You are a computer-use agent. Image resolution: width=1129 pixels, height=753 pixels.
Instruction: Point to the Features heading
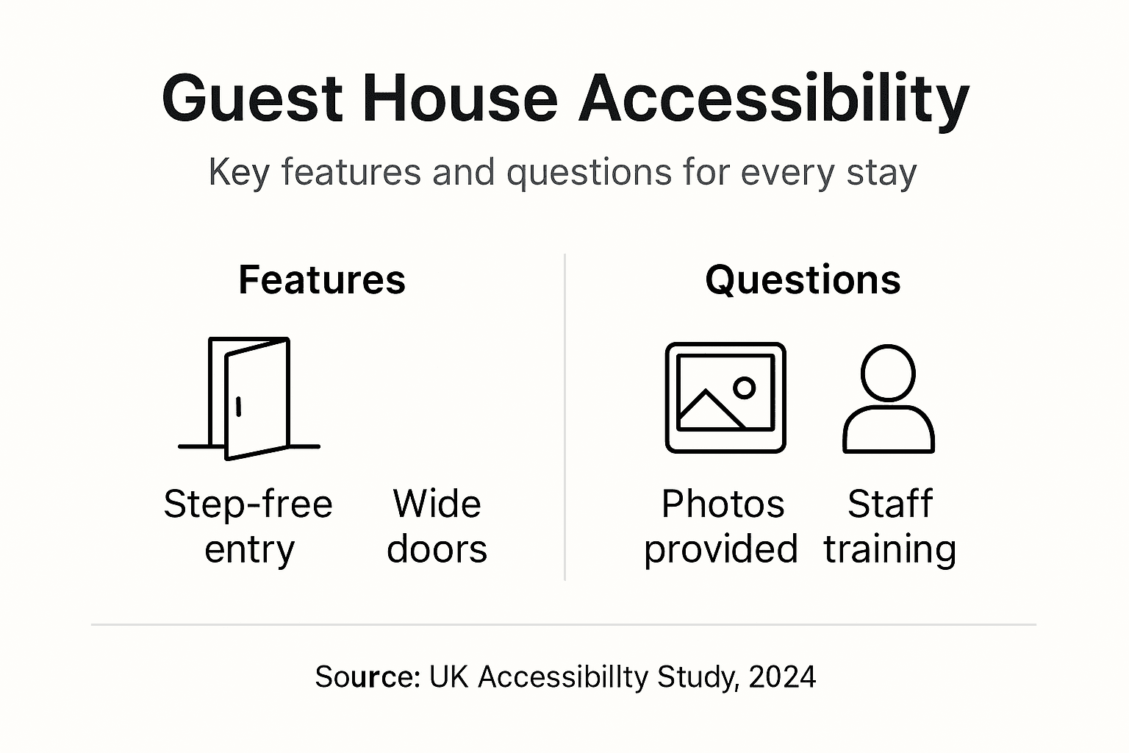tap(322, 280)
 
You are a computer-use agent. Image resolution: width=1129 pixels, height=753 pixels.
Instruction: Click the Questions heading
tap(803, 280)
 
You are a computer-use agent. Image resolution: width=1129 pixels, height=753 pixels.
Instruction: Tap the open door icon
tap(250, 398)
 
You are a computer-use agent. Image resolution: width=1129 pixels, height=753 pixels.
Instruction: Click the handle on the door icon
tap(238, 407)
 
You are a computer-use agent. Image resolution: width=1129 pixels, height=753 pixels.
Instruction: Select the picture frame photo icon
tap(725, 397)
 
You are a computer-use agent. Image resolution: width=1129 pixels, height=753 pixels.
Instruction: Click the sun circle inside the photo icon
tap(745, 387)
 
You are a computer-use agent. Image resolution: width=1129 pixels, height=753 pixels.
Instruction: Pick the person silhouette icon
tap(888, 399)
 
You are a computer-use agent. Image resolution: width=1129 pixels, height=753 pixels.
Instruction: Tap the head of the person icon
tap(888, 372)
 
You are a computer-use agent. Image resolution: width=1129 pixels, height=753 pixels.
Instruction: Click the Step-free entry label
tap(248, 527)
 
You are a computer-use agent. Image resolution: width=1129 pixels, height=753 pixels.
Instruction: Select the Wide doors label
tap(437, 527)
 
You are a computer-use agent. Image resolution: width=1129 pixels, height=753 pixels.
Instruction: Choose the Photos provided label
tap(721, 527)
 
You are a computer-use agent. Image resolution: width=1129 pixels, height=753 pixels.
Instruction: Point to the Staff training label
tap(889, 527)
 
